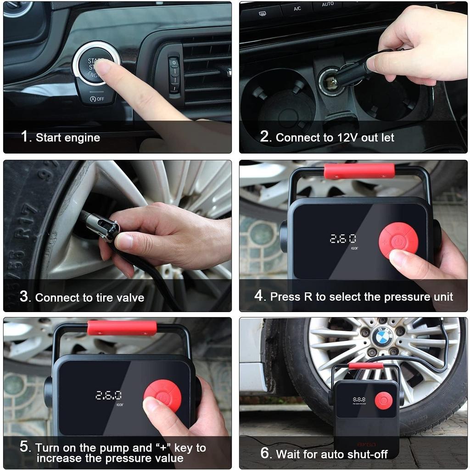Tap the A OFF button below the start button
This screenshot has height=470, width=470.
(97, 99)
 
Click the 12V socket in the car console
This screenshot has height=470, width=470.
(329, 82)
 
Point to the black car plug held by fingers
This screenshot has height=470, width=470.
(353, 74)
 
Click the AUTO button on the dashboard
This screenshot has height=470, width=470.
(328, 5)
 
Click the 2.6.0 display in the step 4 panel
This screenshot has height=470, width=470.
(343, 239)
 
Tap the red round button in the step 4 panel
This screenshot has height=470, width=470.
(398, 240)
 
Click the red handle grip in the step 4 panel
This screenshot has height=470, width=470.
(359, 171)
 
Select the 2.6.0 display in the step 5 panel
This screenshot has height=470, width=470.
(108, 395)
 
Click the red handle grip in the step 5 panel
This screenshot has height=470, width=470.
(122, 328)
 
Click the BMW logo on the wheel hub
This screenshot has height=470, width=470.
(382, 337)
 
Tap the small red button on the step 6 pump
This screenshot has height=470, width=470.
(383, 400)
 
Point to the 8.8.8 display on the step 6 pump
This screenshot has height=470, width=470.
(359, 400)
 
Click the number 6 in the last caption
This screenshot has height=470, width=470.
(266, 453)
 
